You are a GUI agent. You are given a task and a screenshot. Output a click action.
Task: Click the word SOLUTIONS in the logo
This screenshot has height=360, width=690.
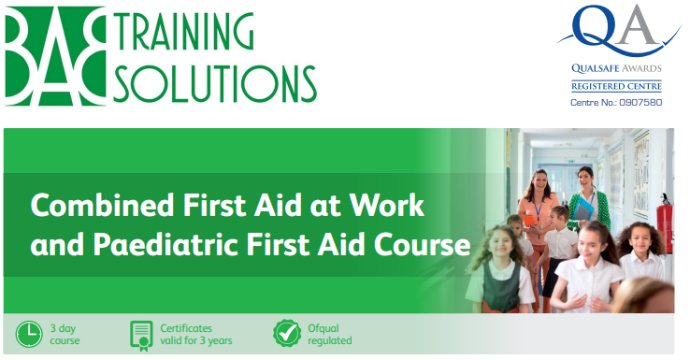pyautogui.click(x=216, y=82)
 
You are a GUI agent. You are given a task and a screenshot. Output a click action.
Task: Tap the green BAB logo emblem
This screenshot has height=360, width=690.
pyautogui.click(x=55, y=56)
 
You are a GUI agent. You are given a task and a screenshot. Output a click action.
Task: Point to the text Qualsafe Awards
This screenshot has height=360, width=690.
pyautogui.click(x=616, y=68)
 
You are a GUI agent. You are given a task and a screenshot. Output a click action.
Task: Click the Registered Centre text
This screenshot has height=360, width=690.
pyautogui.click(x=616, y=86)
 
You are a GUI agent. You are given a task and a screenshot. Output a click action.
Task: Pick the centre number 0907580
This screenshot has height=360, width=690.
pyautogui.click(x=640, y=103)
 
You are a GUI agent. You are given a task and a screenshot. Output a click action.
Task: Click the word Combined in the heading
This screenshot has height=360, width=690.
pyautogui.click(x=102, y=206)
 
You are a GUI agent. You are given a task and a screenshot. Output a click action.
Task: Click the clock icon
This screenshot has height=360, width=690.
pyautogui.click(x=29, y=335)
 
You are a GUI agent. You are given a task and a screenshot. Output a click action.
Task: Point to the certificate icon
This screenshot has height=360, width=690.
pyautogui.click(x=141, y=336)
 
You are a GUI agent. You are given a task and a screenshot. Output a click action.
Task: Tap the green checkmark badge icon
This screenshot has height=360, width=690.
pyautogui.click(x=287, y=333)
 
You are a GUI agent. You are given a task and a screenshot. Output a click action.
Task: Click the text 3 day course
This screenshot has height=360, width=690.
pyautogui.click(x=65, y=335)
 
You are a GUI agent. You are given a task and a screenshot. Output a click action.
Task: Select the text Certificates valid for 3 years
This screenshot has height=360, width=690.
pyautogui.click(x=195, y=335)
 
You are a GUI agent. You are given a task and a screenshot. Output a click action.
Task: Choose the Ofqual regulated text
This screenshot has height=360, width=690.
pyautogui.click(x=330, y=335)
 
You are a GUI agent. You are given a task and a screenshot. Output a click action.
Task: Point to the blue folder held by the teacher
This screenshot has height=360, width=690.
pyautogui.click(x=583, y=209)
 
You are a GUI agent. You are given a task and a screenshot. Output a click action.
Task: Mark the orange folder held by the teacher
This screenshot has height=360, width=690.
pyautogui.click(x=527, y=220)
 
